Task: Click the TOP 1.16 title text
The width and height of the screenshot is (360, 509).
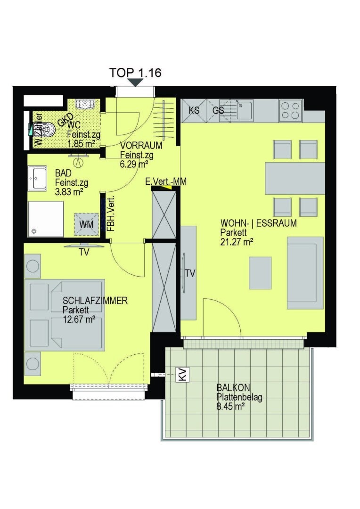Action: pyautogui.click(x=136, y=73)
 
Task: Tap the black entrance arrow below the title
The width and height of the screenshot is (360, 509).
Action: pyautogui.click(x=136, y=82)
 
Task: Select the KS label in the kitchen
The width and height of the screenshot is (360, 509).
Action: pyautogui.click(x=194, y=110)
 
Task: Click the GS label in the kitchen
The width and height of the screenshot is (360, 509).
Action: pyautogui.click(x=218, y=110)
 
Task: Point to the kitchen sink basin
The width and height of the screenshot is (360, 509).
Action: pyautogui.click(x=245, y=111)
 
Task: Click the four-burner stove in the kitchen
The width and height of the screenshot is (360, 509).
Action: pyautogui.click(x=290, y=111)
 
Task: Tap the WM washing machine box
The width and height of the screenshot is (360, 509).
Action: pyautogui.click(x=86, y=224)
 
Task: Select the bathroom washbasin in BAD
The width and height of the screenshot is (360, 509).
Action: pyautogui.click(x=37, y=179)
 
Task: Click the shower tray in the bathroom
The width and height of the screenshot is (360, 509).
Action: pyautogui.click(x=45, y=219)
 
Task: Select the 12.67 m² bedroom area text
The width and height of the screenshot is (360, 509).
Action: pyautogui.click(x=79, y=319)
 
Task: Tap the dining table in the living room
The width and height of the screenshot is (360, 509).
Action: pyautogui.click(x=295, y=178)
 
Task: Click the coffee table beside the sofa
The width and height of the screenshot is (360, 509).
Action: pyautogui.click(x=260, y=272)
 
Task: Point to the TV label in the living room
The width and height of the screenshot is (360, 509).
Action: pyautogui.click(x=190, y=273)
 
